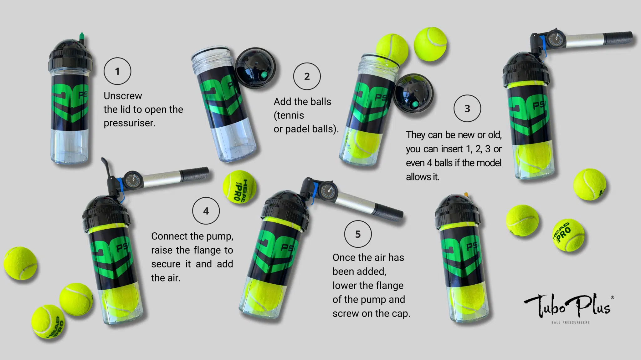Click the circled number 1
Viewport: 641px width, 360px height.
tap(117, 71)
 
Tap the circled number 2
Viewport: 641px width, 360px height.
tap(307, 76)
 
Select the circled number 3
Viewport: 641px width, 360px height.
tap(467, 108)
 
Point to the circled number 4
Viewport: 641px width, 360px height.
tap(206, 210)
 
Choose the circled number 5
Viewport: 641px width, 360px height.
tap(358, 234)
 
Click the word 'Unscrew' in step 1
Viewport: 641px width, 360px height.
tap(123, 96)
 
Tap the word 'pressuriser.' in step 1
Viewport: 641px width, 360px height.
tap(130, 123)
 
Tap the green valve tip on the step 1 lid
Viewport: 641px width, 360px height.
tap(82, 37)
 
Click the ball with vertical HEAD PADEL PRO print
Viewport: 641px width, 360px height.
tap(239, 187)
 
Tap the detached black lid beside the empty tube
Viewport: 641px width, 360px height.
tap(256, 69)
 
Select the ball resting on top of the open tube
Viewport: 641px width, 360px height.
tap(392, 49)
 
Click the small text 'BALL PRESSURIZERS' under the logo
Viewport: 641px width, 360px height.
tap(571, 322)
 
